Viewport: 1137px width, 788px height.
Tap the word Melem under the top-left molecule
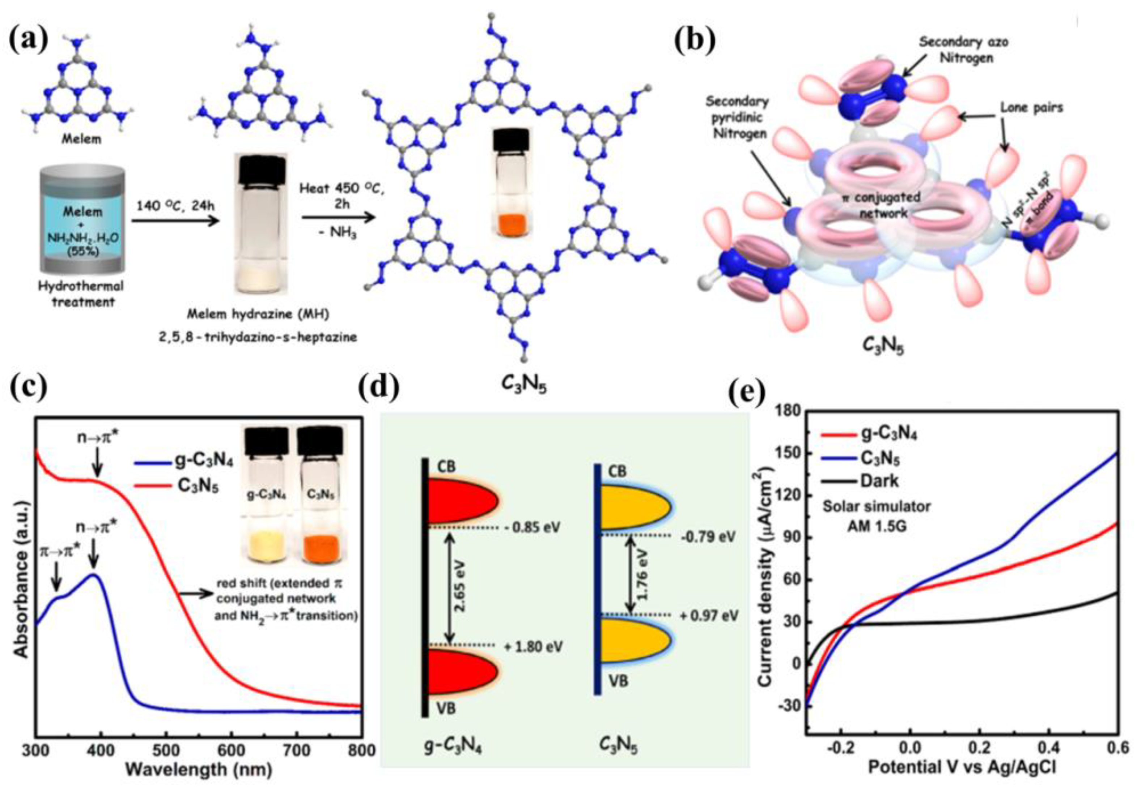click(x=81, y=139)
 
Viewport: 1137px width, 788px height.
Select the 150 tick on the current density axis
click(x=789, y=454)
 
